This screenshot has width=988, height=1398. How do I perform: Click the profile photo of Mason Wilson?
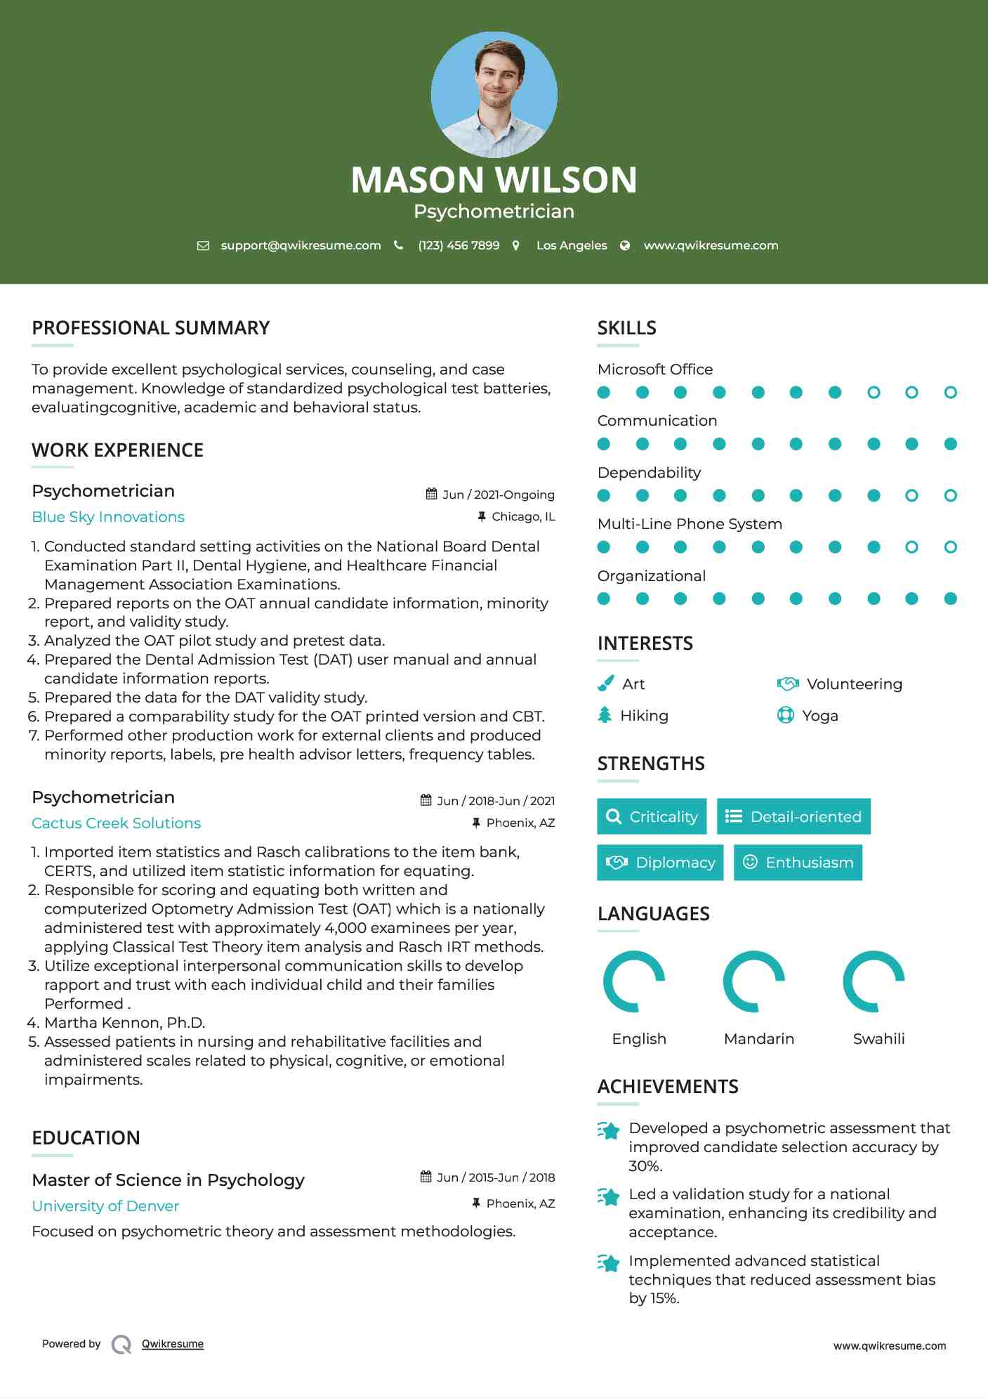pos(494,94)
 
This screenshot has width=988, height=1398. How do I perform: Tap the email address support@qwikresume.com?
pos(301,245)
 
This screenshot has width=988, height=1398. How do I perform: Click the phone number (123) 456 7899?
pos(459,245)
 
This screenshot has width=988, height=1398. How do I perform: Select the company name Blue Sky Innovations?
pos(108,517)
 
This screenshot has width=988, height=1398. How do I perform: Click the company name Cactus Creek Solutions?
pos(116,823)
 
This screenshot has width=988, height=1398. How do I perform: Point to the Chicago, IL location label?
pos(522,516)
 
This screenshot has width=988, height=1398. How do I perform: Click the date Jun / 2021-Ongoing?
pos(498,495)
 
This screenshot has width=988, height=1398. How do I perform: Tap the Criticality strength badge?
pos(652,816)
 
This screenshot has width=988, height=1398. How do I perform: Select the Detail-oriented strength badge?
pos(793,816)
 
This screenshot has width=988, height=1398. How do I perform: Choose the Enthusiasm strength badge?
pos(798,862)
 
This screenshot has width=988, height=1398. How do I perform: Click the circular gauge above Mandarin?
pos(754,981)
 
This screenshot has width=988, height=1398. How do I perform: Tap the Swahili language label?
pos(878,1038)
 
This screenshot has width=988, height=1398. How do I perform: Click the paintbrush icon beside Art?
pos(605,684)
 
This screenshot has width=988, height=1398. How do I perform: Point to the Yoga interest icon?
pos(785,715)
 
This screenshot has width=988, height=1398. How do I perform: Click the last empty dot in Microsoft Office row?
pos(950,392)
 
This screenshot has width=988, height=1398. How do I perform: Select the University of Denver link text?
pos(105,1206)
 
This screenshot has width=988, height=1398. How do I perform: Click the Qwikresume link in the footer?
pos(173,1344)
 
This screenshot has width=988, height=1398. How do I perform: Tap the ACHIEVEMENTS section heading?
pos(667,1087)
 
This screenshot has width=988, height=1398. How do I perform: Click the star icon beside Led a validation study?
pos(609,1196)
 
